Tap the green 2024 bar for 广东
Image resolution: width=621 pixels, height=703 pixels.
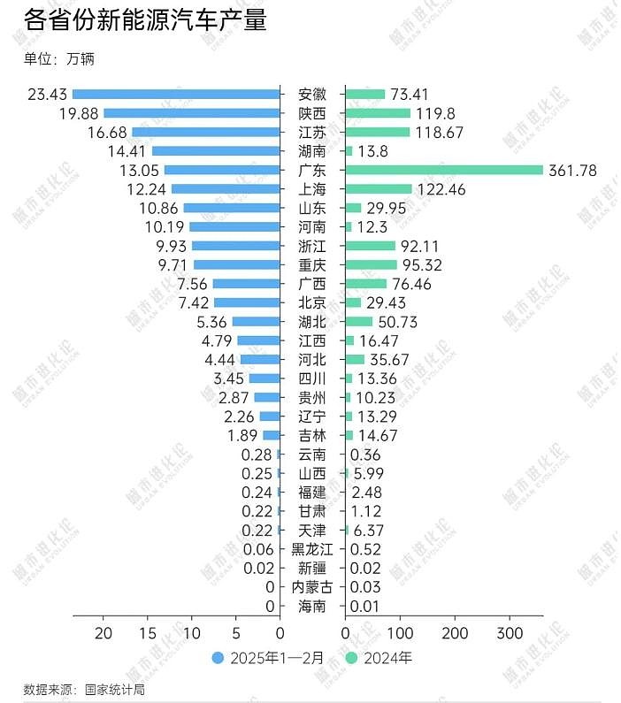443,170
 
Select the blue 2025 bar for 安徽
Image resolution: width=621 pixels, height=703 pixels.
176,94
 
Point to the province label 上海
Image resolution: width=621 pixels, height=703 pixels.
312,189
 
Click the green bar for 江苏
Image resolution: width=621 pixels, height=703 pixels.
377,132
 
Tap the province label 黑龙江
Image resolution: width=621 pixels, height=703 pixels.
312,549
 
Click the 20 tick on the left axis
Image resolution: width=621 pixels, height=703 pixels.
103,634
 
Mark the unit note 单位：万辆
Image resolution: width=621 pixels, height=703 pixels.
58,59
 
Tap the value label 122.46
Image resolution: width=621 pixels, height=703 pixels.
441,189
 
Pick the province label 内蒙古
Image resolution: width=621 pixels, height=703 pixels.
312,587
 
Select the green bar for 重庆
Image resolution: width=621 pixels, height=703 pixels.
370,264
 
